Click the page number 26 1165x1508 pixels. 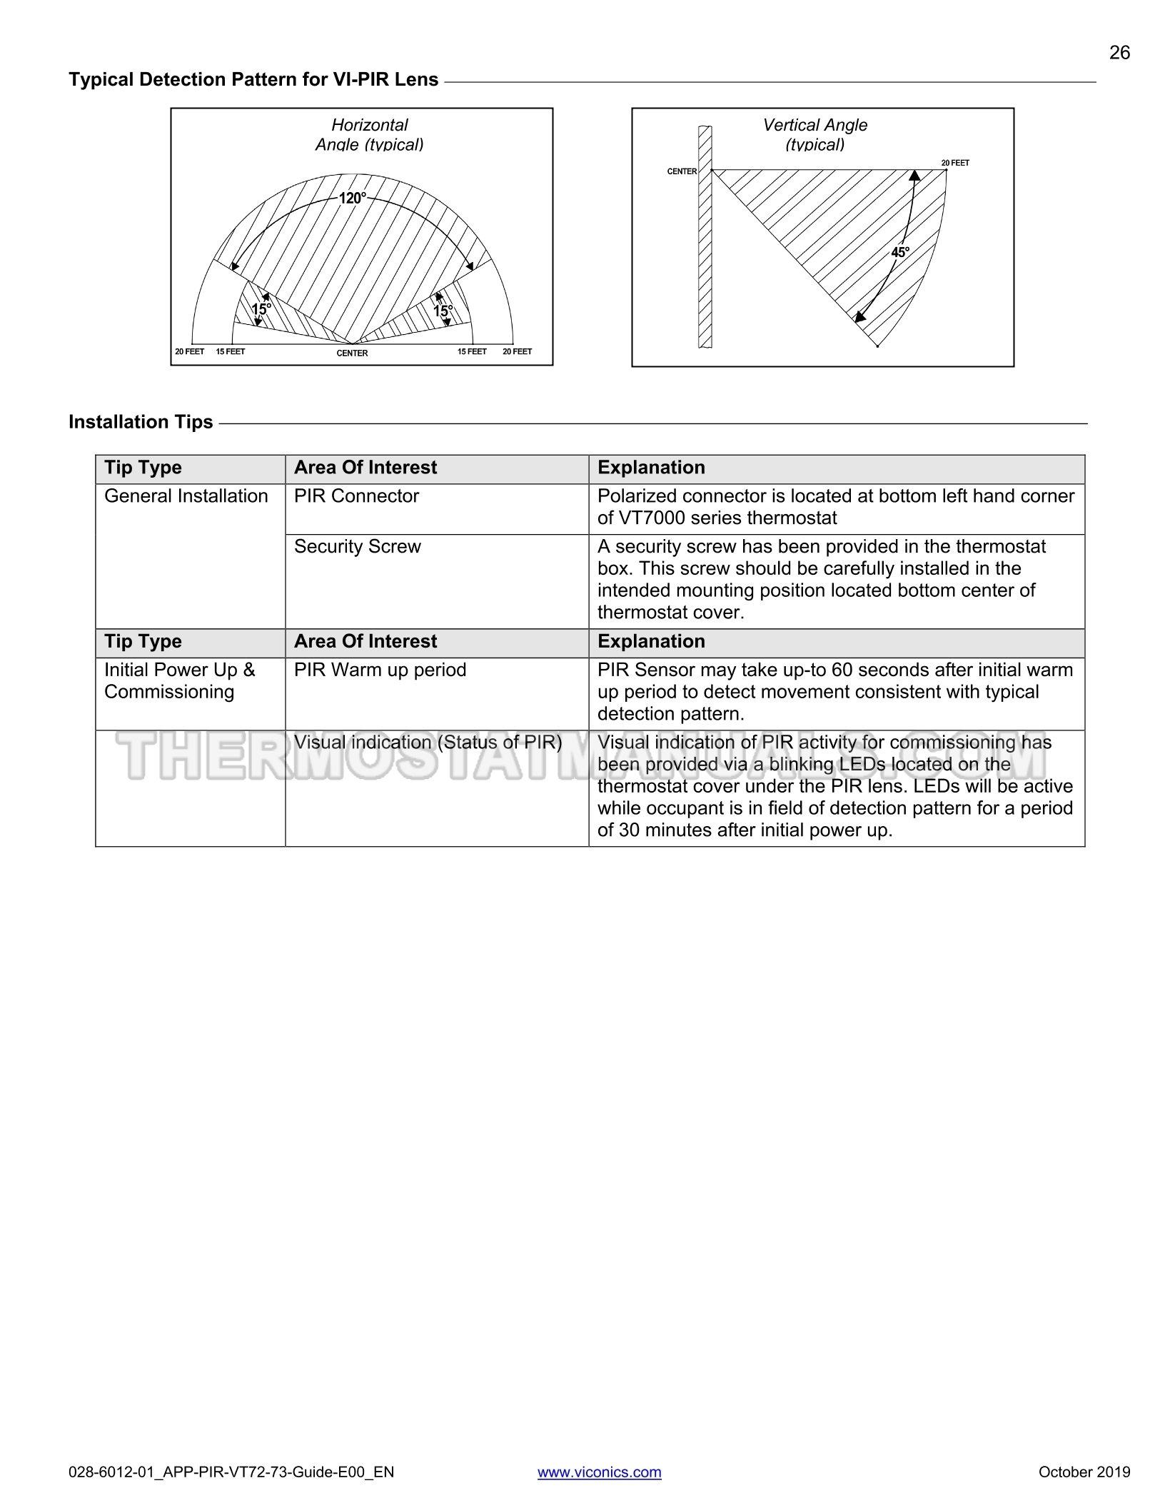pos(1119,53)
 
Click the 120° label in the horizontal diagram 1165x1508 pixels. pos(352,198)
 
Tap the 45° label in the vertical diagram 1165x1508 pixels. pos(900,252)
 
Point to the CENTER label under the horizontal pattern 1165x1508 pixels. pos(352,353)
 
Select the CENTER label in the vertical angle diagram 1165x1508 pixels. pos(682,171)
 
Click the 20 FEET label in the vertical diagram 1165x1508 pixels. pos(955,163)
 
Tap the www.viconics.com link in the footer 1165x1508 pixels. pos(599,1472)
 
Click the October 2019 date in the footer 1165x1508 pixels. pos(1084,1472)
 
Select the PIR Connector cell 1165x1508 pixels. pos(356,496)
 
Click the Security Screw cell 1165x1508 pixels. pos(357,547)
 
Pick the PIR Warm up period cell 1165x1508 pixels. pos(380,670)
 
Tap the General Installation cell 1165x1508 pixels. pos(186,496)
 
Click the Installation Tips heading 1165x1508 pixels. pos(141,422)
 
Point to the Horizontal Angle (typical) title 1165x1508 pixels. pos(369,135)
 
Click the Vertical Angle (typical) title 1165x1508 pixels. pos(815,135)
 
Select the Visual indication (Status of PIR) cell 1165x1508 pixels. pos(428,743)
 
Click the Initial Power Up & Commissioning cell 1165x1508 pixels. pos(179,681)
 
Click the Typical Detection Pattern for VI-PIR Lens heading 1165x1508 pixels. pos(253,79)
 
